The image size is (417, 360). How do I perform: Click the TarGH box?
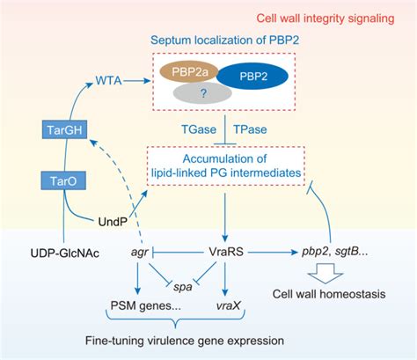56,132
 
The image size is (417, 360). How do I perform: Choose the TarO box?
56,181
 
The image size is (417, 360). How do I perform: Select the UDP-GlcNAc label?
49,253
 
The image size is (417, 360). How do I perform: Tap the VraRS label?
228,252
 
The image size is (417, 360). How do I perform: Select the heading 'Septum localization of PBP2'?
227,40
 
